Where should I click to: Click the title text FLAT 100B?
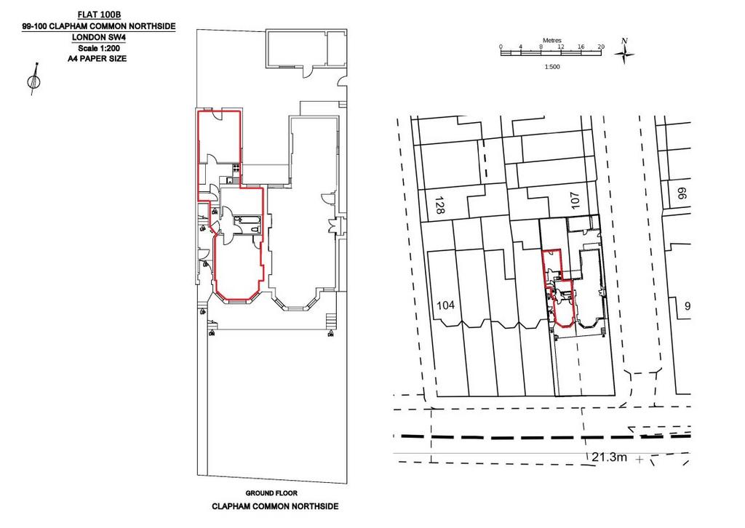click(99, 15)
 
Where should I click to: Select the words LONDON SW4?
click(99, 37)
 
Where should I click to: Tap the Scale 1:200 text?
click(99, 48)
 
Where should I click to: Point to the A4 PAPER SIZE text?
click(97, 59)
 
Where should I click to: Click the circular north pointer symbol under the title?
click(33, 81)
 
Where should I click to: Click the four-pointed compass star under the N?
click(624, 55)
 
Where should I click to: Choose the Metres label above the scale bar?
click(552, 41)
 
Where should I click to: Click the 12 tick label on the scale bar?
click(561, 47)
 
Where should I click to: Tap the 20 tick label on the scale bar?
click(601, 47)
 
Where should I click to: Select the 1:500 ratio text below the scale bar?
click(552, 67)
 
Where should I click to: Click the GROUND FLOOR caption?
click(271, 493)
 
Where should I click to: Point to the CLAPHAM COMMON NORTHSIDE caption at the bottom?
click(275, 507)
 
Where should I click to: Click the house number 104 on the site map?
click(446, 305)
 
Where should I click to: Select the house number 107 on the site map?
click(575, 201)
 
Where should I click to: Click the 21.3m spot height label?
click(609, 457)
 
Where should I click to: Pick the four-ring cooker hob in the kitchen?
click(236, 167)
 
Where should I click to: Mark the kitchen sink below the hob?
click(230, 180)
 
